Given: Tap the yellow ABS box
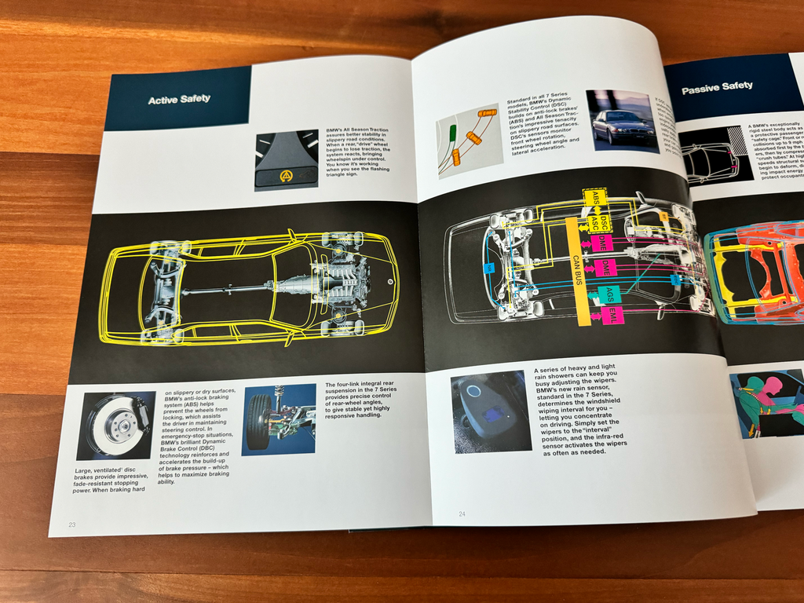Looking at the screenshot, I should click(x=595, y=199).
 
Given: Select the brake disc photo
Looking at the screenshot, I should click(x=115, y=425).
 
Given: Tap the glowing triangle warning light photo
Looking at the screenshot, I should click(x=286, y=160).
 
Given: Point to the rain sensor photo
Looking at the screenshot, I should click(x=490, y=411).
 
